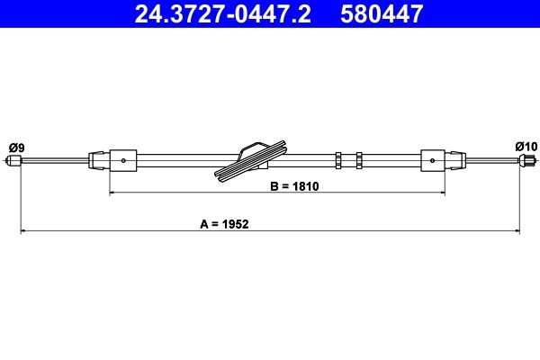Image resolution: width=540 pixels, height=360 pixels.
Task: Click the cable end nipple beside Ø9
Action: pyautogui.click(x=13, y=162)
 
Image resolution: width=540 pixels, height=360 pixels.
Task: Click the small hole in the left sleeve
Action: pyautogui.click(x=122, y=161)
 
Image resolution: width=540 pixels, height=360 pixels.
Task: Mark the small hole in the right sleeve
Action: pyautogui.click(x=433, y=161)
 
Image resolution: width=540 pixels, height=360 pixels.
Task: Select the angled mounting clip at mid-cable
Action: pyautogui.click(x=253, y=160)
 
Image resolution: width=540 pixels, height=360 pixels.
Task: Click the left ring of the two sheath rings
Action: pyautogui.click(x=337, y=161)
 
